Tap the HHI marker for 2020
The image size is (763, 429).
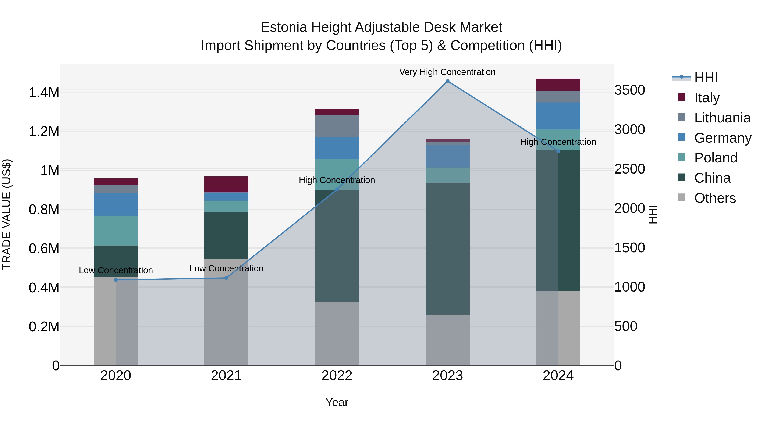click(116, 280)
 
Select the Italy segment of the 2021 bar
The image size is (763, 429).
click(226, 185)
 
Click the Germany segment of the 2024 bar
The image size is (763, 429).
click(558, 116)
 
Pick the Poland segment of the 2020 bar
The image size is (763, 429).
click(116, 231)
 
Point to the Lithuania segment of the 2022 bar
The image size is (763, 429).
click(337, 126)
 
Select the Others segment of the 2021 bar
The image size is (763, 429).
click(226, 312)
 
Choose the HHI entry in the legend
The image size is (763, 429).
click(706, 78)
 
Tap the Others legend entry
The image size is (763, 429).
click(715, 198)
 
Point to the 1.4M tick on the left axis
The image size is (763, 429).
click(44, 92)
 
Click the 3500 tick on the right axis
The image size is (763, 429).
click(629, 90)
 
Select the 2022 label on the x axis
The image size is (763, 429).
click(337, 376)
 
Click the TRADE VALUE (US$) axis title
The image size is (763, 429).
click(7, 214)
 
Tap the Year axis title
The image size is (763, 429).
click(337, 402)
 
